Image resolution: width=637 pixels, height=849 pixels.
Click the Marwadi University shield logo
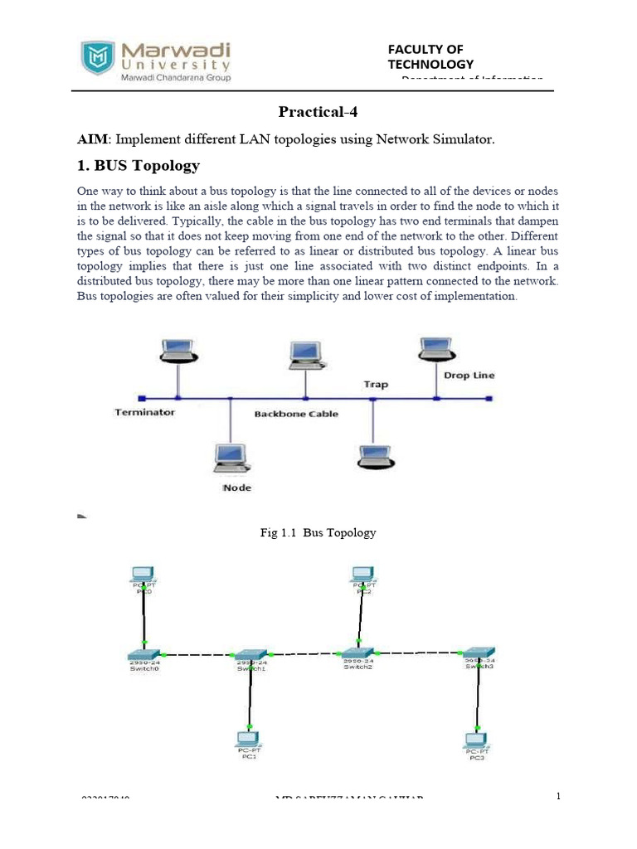tap(98, 58)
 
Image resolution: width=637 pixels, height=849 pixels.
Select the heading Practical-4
tap(318, 112)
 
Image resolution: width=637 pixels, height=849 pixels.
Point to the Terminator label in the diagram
tap(144, 411)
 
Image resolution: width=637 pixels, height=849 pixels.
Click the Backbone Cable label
tap(296, 414)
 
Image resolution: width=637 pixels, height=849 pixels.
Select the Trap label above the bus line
tap(376, 385)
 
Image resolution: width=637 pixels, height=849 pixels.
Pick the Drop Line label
tap(469, 376)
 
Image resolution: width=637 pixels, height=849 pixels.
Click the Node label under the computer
tap(236, 488)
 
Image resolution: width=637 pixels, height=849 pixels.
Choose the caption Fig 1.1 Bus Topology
tap(318, 533)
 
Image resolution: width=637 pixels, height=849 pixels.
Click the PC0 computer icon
tap(143, 574)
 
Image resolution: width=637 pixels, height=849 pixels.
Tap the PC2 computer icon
tap(362, 574)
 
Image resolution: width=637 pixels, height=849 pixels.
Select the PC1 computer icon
tap(248, 738)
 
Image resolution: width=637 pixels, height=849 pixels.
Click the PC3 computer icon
tap(475, 740)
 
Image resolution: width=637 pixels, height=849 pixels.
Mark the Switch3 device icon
tap(479, 653)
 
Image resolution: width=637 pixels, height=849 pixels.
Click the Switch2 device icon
tap(358, 654)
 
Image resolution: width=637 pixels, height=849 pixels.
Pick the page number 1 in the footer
tap(558, 797)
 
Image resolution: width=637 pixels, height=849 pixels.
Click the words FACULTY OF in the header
tap(425, 50)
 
